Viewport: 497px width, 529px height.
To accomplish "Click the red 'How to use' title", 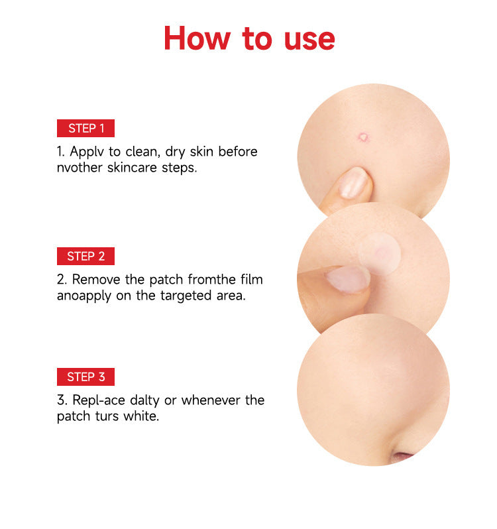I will tap(248, 38).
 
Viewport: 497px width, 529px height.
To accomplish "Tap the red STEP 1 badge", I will tap(86, 129).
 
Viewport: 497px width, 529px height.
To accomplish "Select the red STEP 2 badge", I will tap(86, 257).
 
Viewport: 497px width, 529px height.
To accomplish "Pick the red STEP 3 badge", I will tap(86, 377).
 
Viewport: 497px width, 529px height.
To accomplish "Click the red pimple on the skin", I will tap(363, 137).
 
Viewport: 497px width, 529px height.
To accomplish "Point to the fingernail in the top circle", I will tap(353, 183).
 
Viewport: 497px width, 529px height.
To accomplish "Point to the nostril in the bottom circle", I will tap(404, 457).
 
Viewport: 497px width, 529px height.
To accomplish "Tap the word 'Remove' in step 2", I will tap(95, 280).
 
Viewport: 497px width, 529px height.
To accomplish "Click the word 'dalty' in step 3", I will tap(146, 400).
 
